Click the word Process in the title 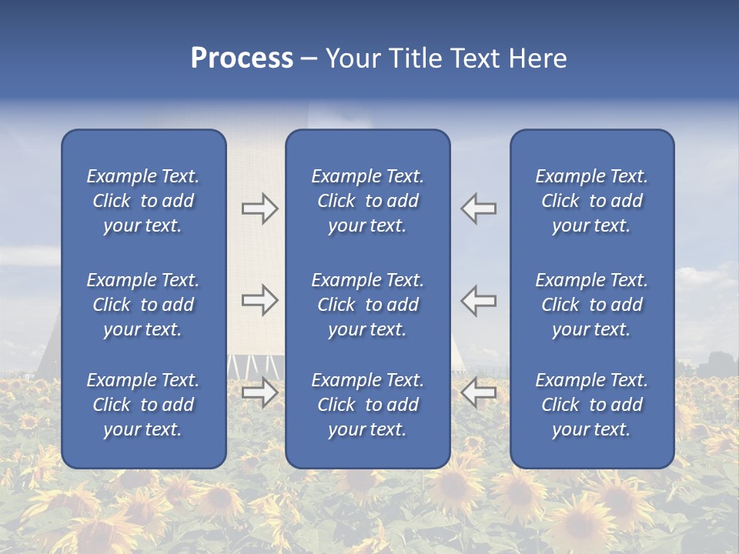click(242, 58)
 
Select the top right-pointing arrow click(259, 209)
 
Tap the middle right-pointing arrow click(259, 300)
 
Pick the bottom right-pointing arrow click(259, 393)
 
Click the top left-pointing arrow click(479, 209)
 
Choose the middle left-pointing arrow click(479, 300)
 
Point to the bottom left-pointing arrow click(479, 393)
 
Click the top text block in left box click(143, 201)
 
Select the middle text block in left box click(143, 305)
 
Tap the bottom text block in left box click(143, 405)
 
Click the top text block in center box click(367, 201)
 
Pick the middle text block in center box click(367, 305)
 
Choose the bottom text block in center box click(367, 405)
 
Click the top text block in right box click(592, 201)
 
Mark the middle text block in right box click(592, 305)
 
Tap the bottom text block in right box click(592, 405)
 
